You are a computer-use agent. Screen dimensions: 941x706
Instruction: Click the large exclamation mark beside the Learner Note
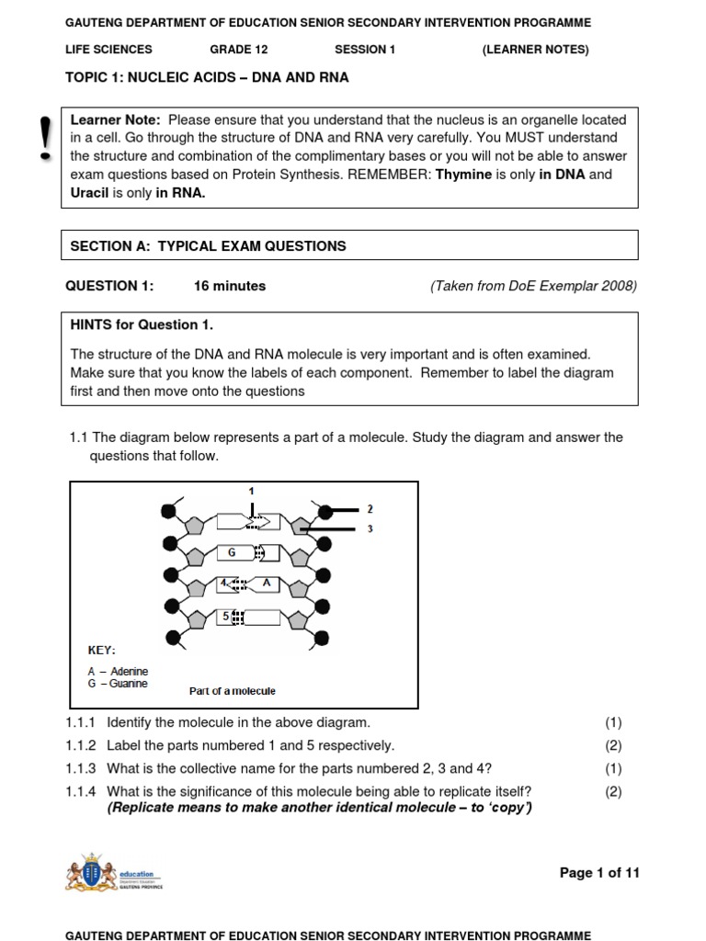coord(41,140)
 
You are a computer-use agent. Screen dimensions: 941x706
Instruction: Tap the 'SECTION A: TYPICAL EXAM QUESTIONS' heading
coord(209,245)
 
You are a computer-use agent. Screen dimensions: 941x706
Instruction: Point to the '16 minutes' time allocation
coord(229,286)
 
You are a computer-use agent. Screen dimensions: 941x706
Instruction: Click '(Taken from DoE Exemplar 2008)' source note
coord(533,286)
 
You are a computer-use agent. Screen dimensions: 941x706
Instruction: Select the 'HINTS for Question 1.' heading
coord(134,324)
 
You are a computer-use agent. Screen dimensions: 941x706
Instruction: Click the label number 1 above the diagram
coord(251,492)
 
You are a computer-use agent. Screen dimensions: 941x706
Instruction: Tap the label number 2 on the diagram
coord(370,508)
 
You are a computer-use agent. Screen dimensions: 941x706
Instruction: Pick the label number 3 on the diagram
coord(370,528)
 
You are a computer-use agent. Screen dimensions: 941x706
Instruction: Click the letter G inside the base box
coord(233,553)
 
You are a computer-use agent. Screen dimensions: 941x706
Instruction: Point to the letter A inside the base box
coord(266,583)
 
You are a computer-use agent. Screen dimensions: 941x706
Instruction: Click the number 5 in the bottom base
coord(224,617)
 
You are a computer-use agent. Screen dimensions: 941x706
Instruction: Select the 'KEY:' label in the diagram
coord(101,650)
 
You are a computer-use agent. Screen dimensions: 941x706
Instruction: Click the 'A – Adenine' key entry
coord(118,672)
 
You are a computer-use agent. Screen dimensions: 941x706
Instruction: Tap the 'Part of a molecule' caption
coord(232,691)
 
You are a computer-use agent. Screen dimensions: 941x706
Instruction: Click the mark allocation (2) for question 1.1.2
coord(613,745)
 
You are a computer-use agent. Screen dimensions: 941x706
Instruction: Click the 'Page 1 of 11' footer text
coord(599,872)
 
